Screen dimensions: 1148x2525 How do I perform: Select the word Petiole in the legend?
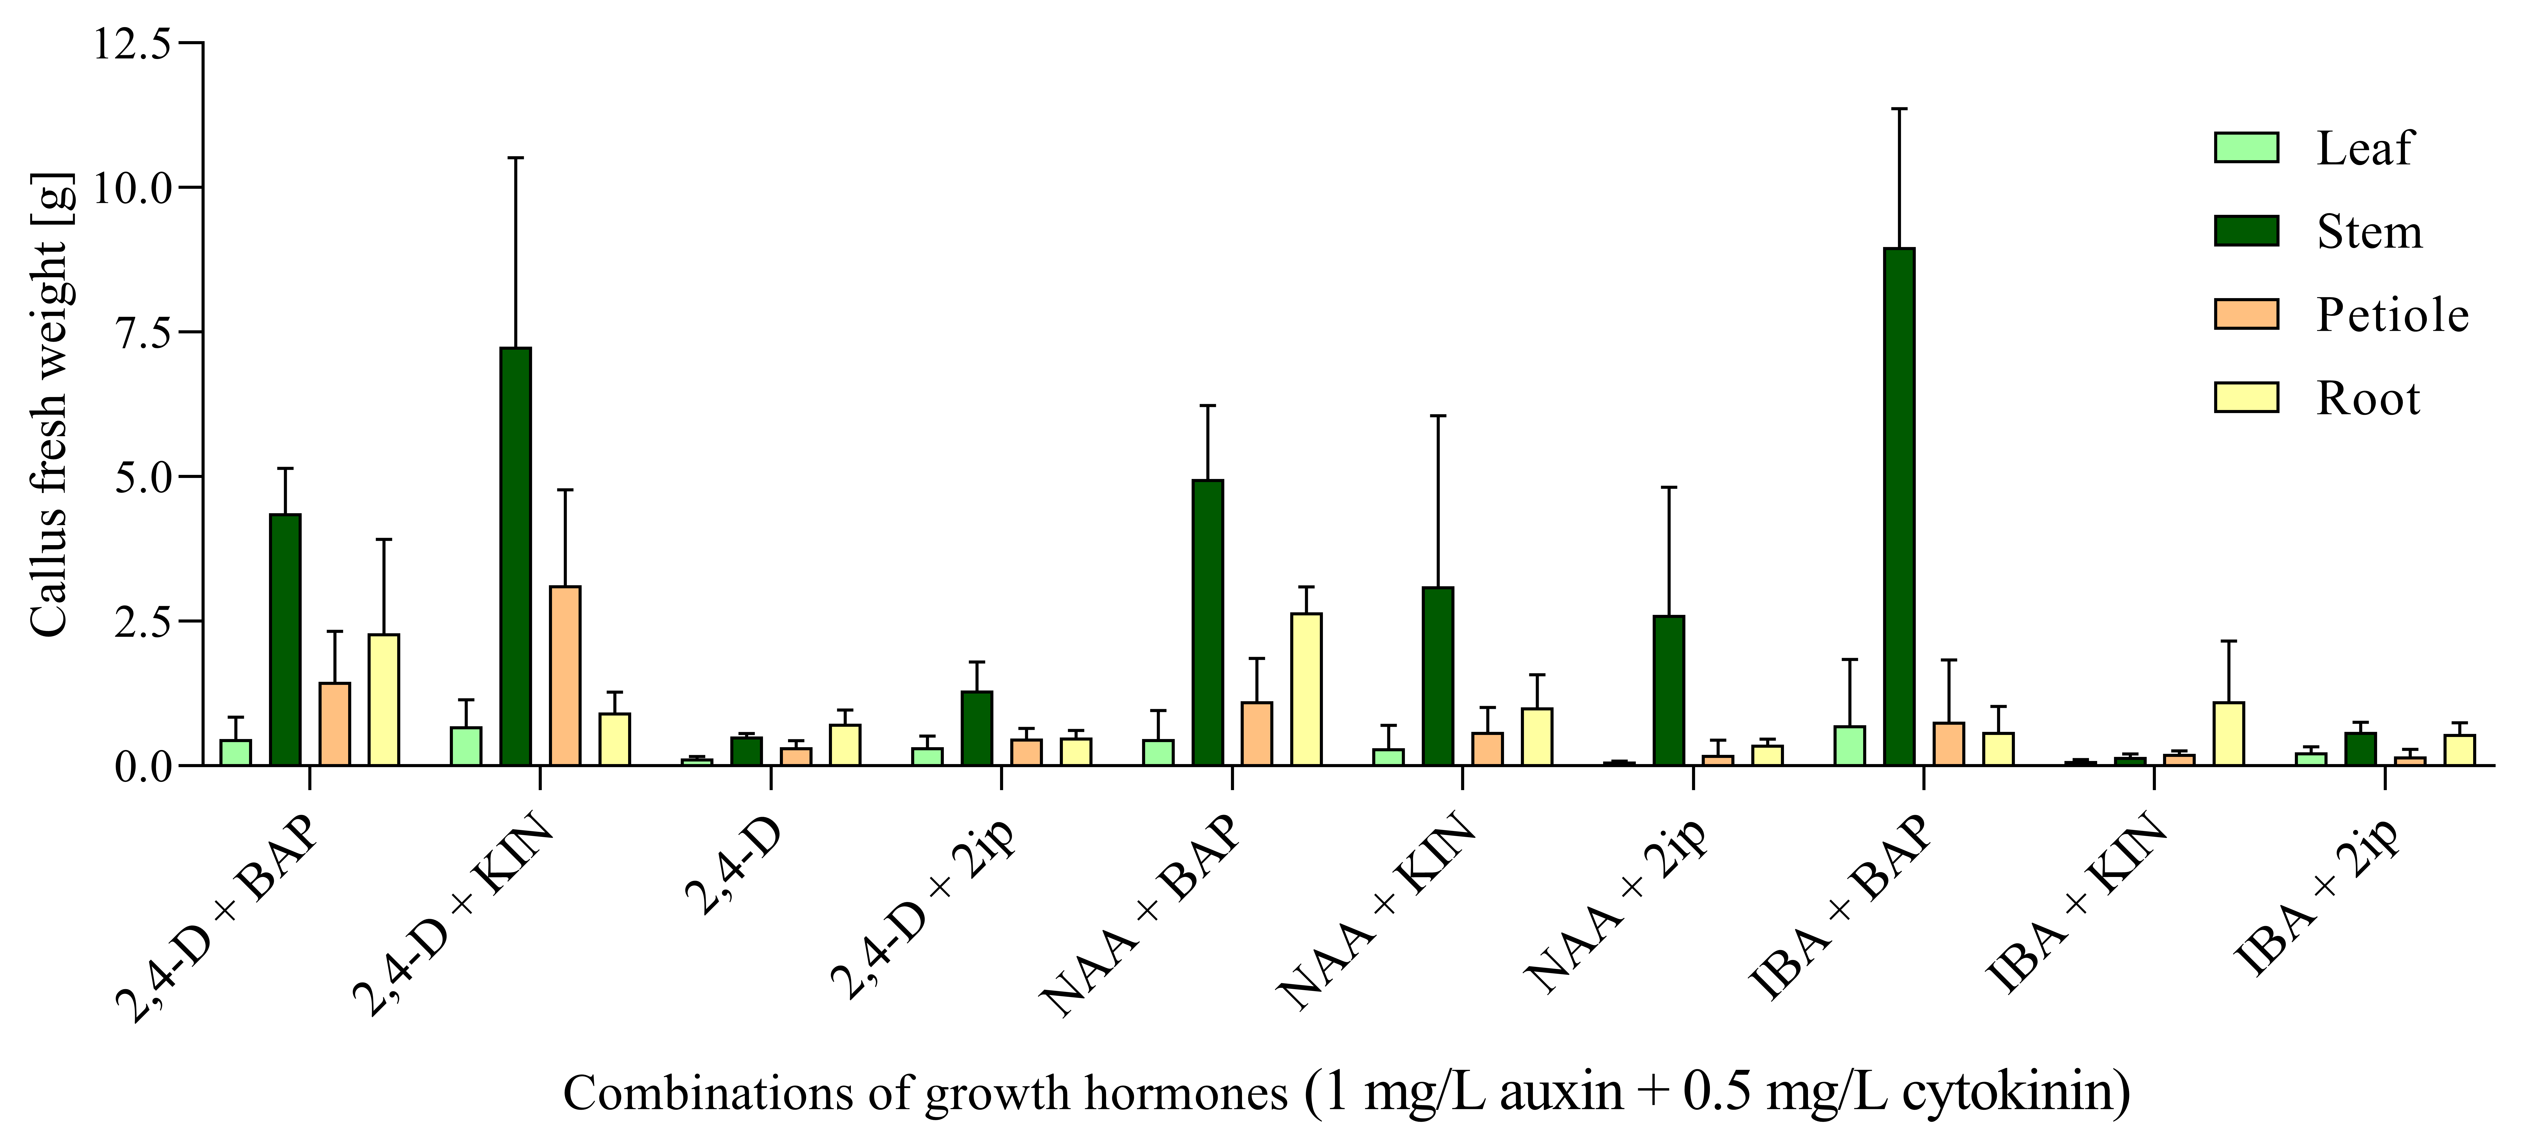2392,315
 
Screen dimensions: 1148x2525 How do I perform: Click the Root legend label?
2367,398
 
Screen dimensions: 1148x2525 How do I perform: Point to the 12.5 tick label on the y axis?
132,44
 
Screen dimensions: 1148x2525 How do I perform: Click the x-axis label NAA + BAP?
1142,917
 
